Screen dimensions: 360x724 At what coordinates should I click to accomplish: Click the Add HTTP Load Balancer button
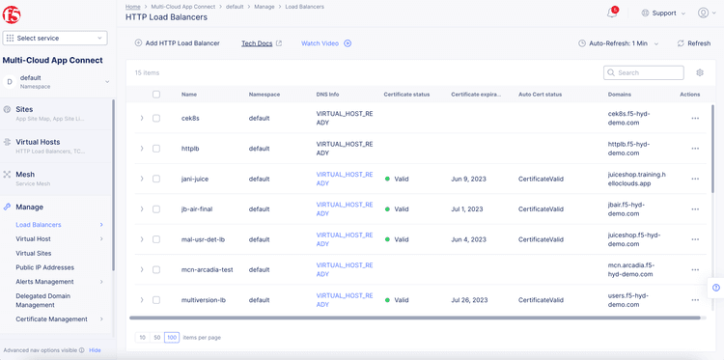[x=177, y=43]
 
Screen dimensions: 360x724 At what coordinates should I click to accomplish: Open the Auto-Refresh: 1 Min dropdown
[x=618, y=43]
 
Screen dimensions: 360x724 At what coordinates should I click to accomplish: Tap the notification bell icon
[x=612, y=13]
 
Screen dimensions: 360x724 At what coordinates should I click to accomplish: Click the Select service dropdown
[x=55, y=38]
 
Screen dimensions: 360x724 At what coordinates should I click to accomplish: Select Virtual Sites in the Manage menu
[x=34, y=253]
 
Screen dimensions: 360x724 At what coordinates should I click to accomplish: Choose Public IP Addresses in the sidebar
[x=44, y=267]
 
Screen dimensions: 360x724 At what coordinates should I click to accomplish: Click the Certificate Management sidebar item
[x=51, y=318]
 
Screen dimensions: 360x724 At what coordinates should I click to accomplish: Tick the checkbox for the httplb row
[x=156, y=149]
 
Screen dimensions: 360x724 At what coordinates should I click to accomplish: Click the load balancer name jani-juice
[x=195, y=179]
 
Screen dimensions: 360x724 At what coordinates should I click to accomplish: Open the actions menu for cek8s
[x=695, y=119]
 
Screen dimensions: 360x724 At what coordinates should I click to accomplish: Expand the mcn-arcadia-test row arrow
[x=142, y=269]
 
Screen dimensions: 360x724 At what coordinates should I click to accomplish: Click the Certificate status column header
[x=406, y=95]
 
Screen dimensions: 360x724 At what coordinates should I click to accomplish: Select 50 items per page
[x=157, y=337]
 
